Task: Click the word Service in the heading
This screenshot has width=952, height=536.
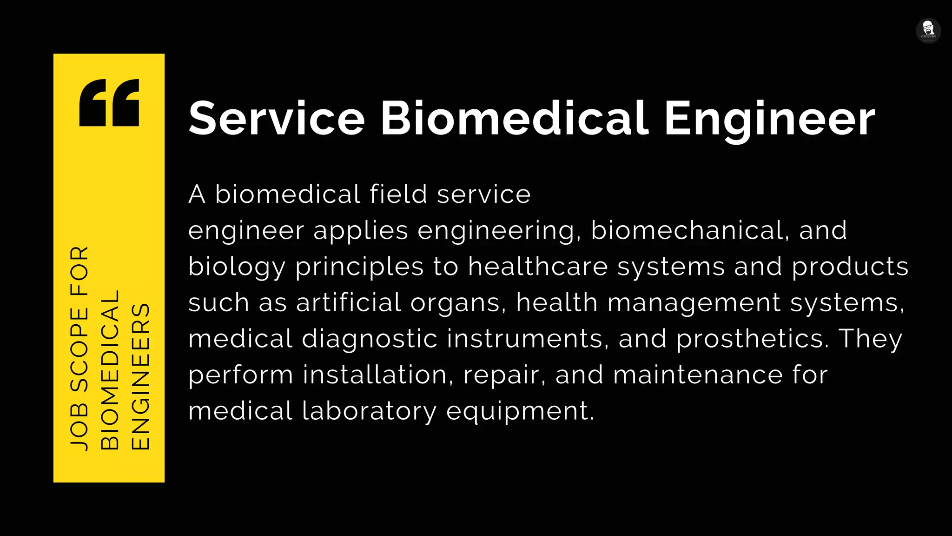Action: [x=276, y=119]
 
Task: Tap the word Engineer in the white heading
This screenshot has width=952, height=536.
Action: [x=769, y=119]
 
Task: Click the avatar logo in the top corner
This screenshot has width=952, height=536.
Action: [x=928, y=31]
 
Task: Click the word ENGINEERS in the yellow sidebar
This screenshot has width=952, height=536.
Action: [x=140, y=376]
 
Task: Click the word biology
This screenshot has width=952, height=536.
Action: [x=237, y=267]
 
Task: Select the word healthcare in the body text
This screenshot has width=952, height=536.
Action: [x=538, y=267]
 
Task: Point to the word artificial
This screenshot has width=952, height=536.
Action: [x=349, y=302]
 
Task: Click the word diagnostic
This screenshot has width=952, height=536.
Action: [x=370, y=339]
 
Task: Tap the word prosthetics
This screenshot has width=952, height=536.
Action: [x=752, y=339]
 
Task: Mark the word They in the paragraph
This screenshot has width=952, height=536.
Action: [x=871, y=339]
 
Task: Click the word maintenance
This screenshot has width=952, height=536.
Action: [x=698, y=375]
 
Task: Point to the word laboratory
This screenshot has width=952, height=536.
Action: [x=370, y=411]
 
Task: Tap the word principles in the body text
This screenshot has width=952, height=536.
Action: [x=359, y=267]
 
